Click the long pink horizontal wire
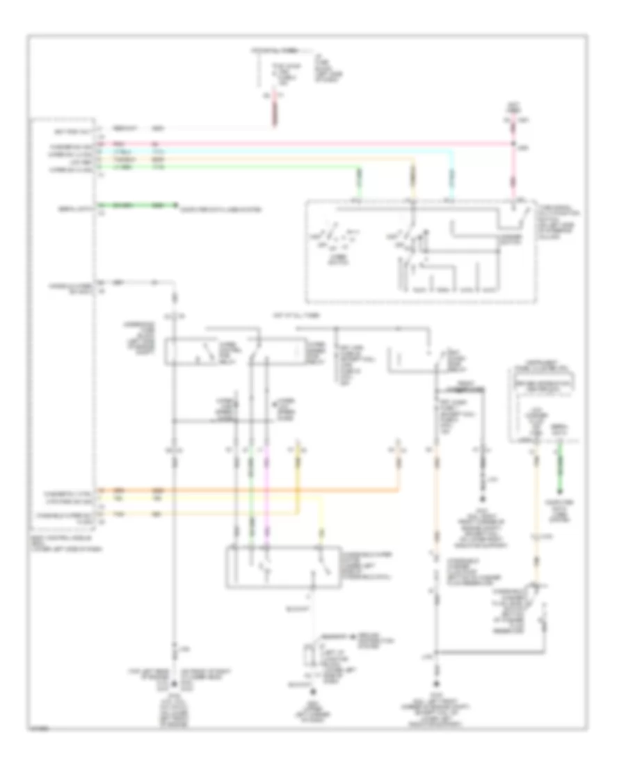point(313,144)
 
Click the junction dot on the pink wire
point(514,144)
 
